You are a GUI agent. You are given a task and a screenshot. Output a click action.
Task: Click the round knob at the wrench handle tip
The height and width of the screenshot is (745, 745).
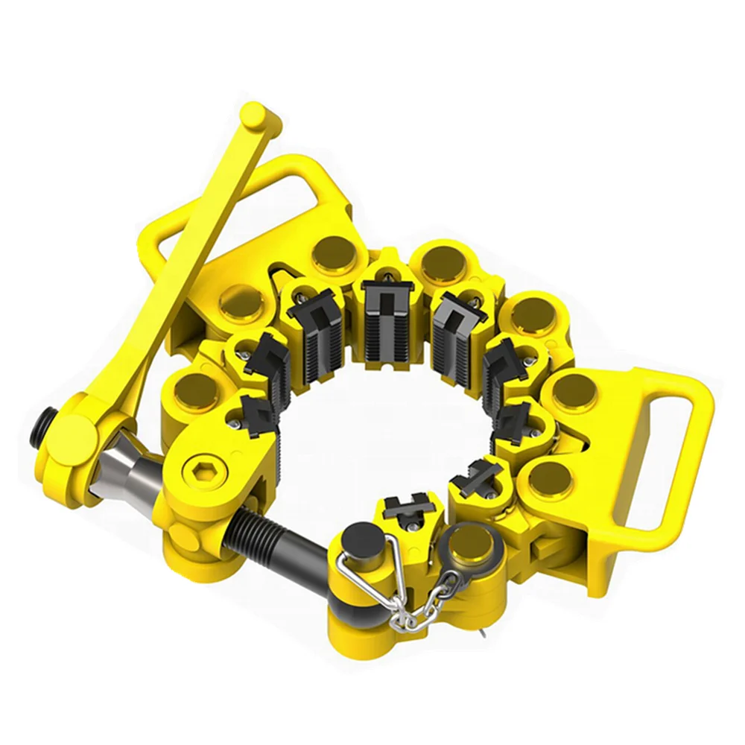click(x=256, y=118)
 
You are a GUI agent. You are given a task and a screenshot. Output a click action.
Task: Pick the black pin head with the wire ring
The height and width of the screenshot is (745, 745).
click(x=363, y=538)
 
